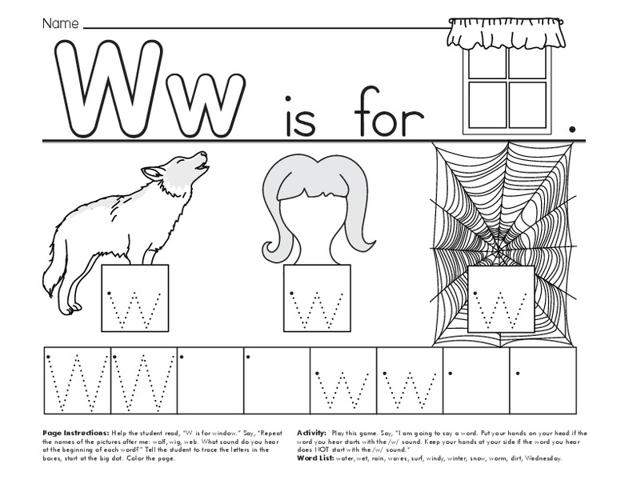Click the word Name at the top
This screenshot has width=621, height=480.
pyautogui.click(x=60, y=24)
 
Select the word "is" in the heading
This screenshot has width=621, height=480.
pyautogui.click(x=299, y=118)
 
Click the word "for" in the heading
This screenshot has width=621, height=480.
pyautogui.click(x=389, y=118)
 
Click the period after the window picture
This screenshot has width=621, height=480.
pyautogui.click(x=571, y=128)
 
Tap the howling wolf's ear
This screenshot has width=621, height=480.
pyautogui.click(x=151, y=172)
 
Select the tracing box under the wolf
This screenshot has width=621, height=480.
pyautogui.click(x=134, y=298)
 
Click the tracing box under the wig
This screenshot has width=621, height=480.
pyautogui.click(x=317, y=297)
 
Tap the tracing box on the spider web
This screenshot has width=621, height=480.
pyautogui.click(x=501, y=298)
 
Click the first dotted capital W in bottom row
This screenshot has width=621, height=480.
pyautogui.click(x=76, y=380)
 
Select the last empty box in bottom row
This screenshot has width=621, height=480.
pyautogui.click(x=542, y=380)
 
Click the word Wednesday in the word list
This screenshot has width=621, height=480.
pyautogui.click(x=539, y=458)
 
